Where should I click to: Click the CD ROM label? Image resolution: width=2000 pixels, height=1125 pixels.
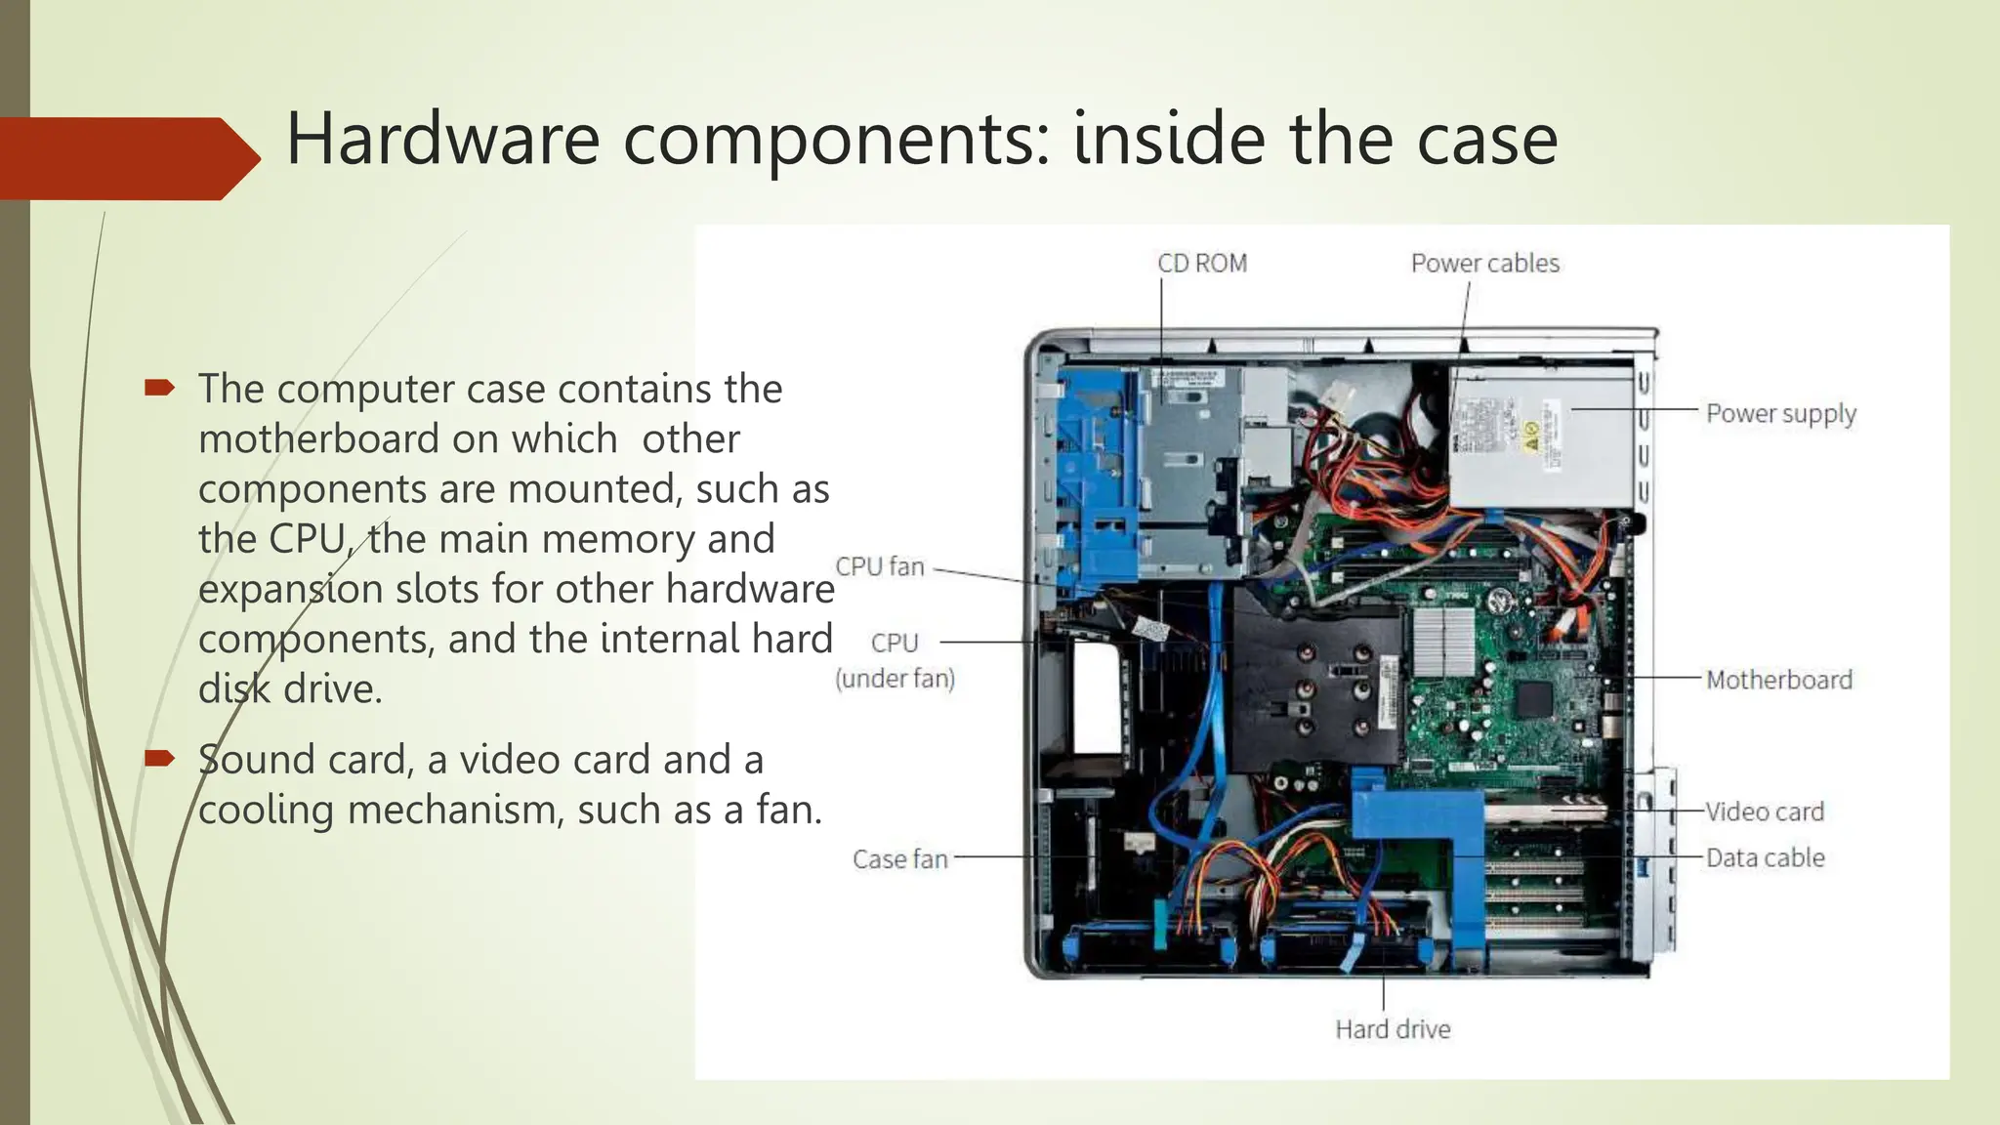(1201, 264)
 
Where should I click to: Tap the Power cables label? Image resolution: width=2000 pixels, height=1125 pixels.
(1484, 264)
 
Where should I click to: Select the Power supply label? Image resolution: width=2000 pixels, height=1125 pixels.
(1780, 414)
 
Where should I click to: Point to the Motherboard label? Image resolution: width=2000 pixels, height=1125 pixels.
(1778, 680)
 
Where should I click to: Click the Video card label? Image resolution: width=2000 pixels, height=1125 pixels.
(1765, 812)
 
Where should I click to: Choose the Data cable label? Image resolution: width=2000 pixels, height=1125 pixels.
(1765, 857)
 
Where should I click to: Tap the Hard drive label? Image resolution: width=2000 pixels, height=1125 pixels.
(1393, 1029)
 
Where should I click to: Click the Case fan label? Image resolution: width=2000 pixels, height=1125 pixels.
(899, 859)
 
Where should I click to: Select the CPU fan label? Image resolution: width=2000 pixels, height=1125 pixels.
(879, 566)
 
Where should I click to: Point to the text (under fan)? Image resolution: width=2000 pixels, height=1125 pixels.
(895, 678)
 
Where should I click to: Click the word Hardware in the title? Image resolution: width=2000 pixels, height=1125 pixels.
(442, 139)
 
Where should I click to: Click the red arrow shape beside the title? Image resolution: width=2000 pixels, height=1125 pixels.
(127, 158)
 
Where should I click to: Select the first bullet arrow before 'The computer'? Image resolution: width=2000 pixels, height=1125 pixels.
(159, 389)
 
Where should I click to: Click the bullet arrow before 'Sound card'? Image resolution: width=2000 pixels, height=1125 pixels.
(159, 759)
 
